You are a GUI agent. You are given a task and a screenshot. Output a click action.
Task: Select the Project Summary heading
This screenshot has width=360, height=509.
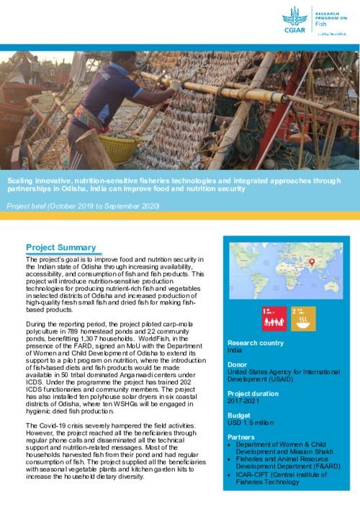point(60,247)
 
